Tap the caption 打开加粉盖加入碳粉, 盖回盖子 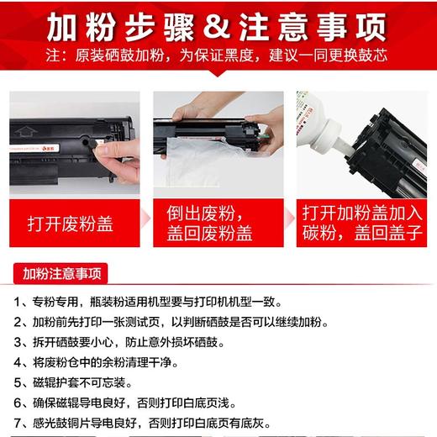pos(355,223)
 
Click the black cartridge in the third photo pos(391,143)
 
